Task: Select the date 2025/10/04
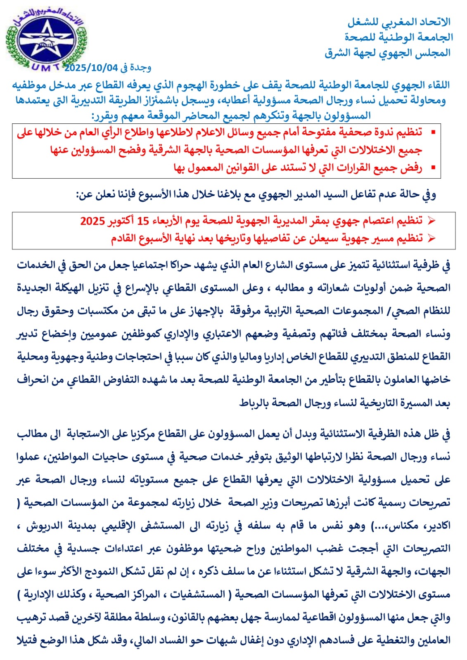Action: point(91,67)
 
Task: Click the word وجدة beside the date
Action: point(140,67)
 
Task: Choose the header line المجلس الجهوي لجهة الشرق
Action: point(387,53)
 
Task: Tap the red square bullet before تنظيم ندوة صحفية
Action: point(433,132)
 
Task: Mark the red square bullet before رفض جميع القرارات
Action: point(433,168)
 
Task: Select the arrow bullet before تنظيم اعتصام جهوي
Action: point(431,221)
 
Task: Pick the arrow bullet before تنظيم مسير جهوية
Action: point(431,238)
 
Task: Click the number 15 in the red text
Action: point(143,221)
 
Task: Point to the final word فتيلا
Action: point(28,640)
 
